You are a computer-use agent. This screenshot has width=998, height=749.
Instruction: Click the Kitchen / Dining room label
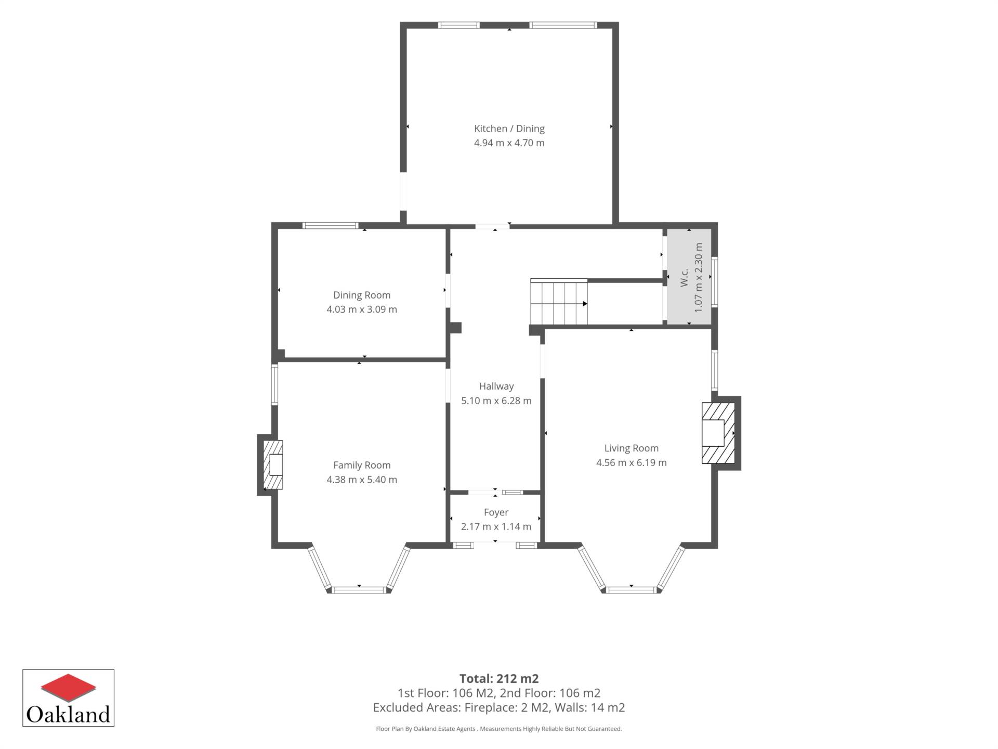(x=509, y=128)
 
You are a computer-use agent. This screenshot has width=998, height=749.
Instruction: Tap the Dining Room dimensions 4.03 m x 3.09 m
(x=362, y=309)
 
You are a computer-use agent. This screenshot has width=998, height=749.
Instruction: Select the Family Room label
(x=362, y=466)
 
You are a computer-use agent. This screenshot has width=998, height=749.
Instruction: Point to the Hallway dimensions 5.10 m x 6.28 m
(x=496, y=401)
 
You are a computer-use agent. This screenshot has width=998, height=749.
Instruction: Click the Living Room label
(x=631, y=448)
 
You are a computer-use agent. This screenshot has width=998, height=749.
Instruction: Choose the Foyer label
(x=496, y=512)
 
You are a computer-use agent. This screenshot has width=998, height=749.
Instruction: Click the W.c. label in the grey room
(x=685, y=277)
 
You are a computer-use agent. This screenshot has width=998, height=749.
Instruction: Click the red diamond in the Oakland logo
(x=68, y=687)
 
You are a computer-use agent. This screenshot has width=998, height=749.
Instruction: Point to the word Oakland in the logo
(x=68, y=714)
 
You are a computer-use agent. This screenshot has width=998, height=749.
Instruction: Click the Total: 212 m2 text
(x=499, y=679)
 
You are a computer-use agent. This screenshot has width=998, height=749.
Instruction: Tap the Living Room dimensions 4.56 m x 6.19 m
(x=631, y=463)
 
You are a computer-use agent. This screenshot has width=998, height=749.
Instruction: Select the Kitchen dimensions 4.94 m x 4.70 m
(x=509, y=143)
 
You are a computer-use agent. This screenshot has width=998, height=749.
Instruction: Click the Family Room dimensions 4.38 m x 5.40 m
(x=362, y=480)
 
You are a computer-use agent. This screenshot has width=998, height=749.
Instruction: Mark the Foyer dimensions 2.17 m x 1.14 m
(x=496, y=526)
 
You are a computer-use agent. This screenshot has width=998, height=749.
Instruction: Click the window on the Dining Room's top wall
(x=331, y=225)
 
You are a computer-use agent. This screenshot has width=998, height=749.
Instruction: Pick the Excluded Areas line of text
(x=499, y=708)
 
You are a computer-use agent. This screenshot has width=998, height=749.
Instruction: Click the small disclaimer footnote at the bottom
(x=499, y=729)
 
